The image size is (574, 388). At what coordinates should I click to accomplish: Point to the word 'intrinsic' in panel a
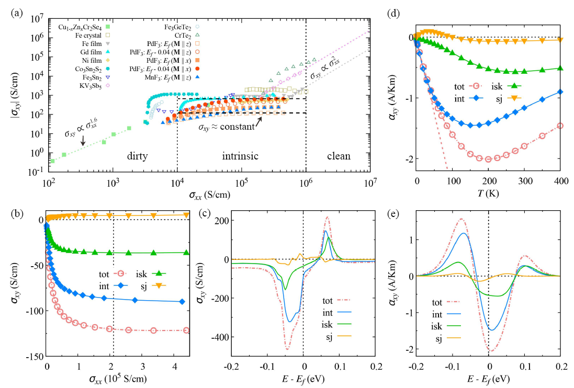240,156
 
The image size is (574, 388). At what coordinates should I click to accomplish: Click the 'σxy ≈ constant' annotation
226,127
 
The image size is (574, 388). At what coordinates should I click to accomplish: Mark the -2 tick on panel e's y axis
408,349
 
